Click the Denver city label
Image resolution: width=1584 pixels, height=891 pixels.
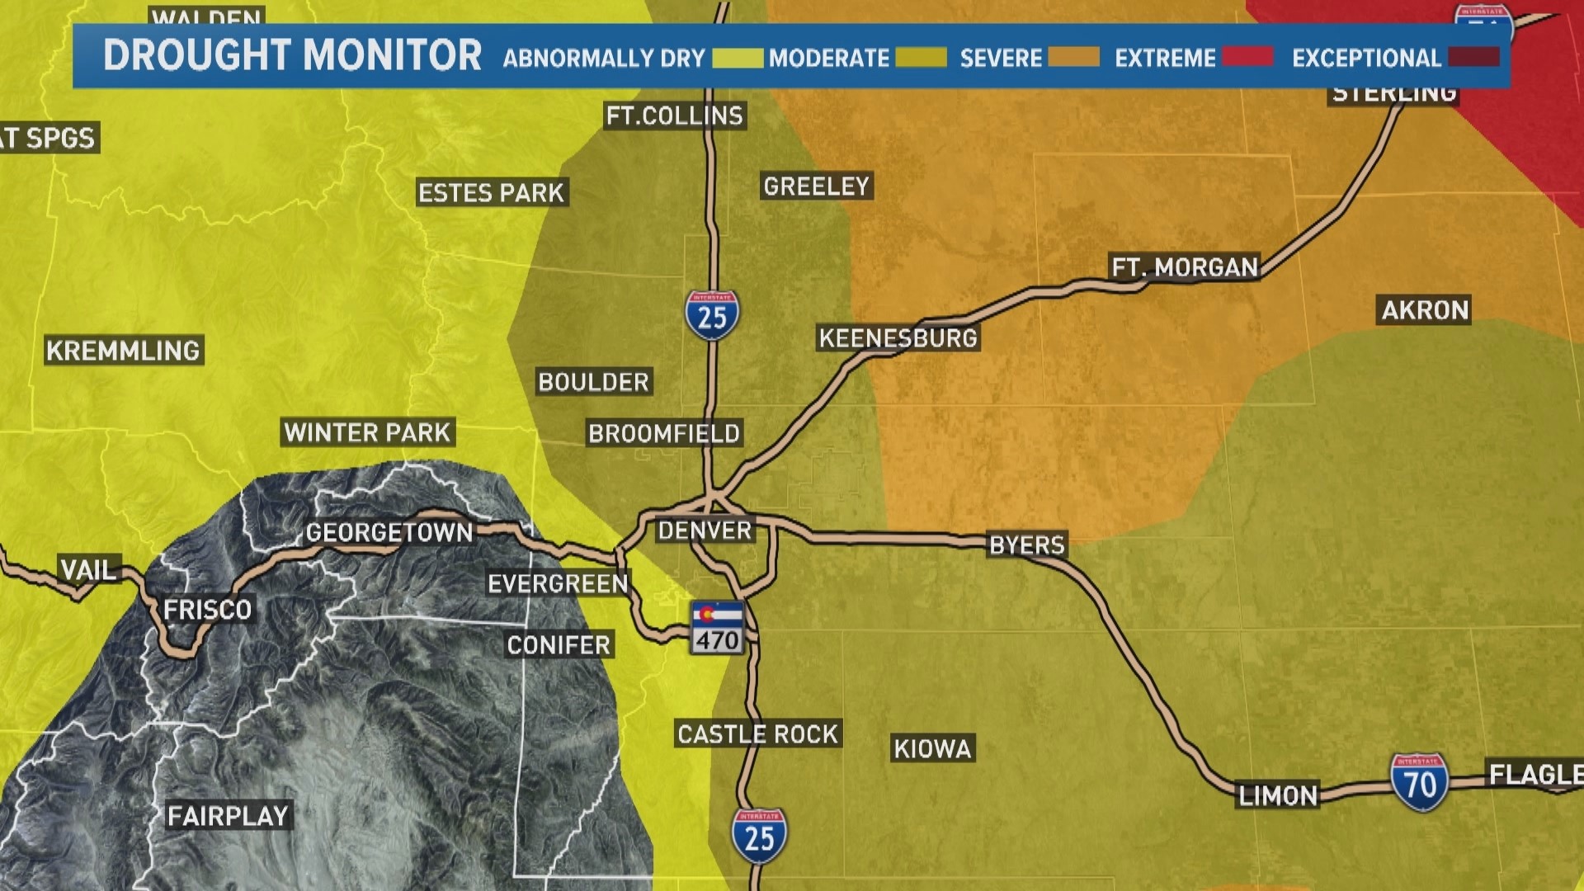[705, 530]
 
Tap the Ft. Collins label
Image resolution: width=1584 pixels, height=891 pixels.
[675, 116]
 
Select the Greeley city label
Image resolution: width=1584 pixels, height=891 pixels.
[816, 186]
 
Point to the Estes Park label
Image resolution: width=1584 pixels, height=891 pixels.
[491, 193]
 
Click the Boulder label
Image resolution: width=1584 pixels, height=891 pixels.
[593, 382]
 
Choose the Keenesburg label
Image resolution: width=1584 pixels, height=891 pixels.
[898, 337]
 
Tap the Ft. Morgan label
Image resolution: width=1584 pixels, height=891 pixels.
[1185, 267]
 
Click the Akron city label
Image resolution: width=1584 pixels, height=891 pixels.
[1425, 310]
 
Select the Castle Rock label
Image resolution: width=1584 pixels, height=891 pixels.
[757, 734]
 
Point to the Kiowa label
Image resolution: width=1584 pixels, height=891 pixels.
[932, 749]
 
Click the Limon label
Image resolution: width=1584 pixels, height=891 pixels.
[1278, 796]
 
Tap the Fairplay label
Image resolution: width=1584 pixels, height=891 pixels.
[228, 817]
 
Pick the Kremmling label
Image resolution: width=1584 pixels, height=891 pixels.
[123, 351]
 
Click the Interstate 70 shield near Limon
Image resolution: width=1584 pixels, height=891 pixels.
[1419, 782]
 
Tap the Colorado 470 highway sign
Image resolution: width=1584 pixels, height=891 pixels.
[717, 629]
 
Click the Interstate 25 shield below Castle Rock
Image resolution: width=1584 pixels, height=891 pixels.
[759, 836]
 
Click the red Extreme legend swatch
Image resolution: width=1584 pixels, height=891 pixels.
[1247, 57]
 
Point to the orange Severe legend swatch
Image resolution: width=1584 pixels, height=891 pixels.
[1073, 57]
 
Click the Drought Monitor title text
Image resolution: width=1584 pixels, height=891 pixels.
[292, 56]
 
